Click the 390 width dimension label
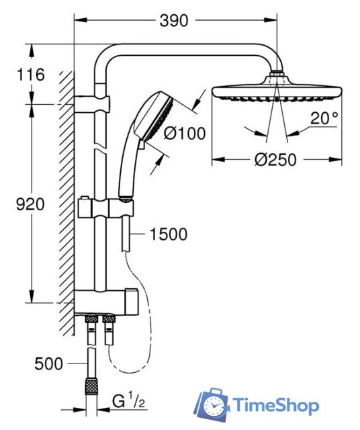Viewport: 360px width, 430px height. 174,21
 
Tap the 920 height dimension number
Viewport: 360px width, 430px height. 30,204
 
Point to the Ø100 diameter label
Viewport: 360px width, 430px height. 184,134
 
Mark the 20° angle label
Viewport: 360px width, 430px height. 325,119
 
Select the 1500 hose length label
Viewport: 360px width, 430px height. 169,234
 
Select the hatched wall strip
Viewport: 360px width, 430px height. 66,202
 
